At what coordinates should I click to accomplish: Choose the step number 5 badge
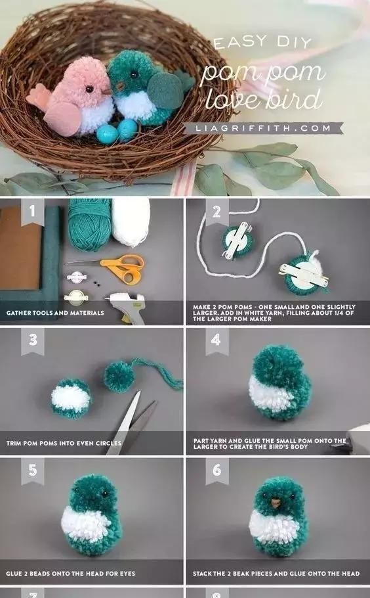click(31, 471)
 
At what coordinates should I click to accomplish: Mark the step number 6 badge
click(216, 471)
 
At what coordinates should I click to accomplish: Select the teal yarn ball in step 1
click(91, 227)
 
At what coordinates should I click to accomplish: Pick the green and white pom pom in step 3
click(72, 398)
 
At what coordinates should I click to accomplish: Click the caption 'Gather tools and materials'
click(55, 313)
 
